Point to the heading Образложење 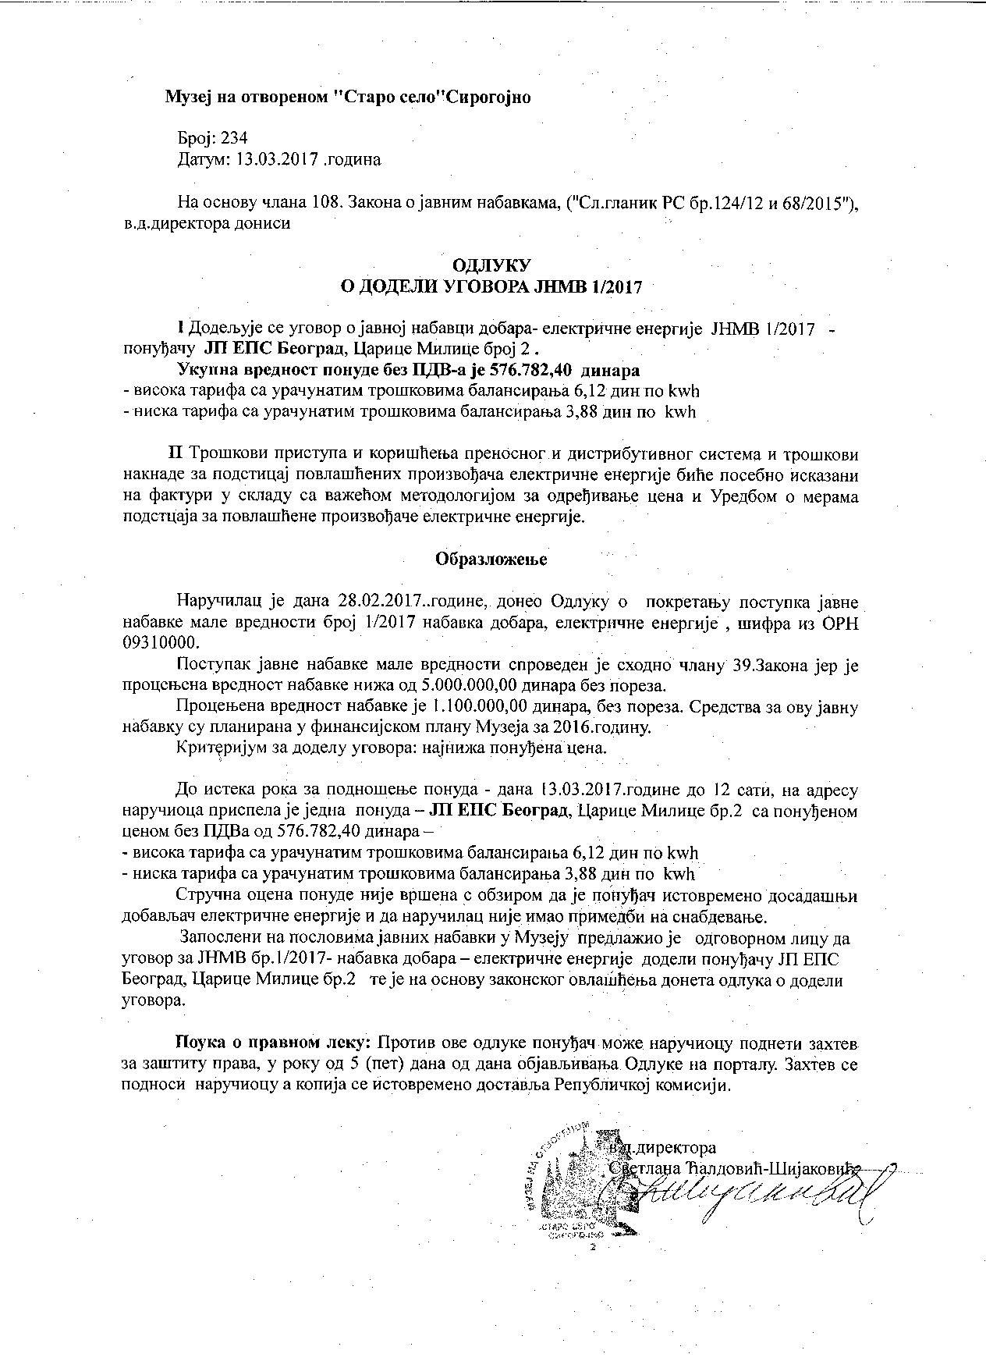(491, 560)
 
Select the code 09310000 (161, 642)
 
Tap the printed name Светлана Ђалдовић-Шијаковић (733, 1168)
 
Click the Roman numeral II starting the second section (176, 453)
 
